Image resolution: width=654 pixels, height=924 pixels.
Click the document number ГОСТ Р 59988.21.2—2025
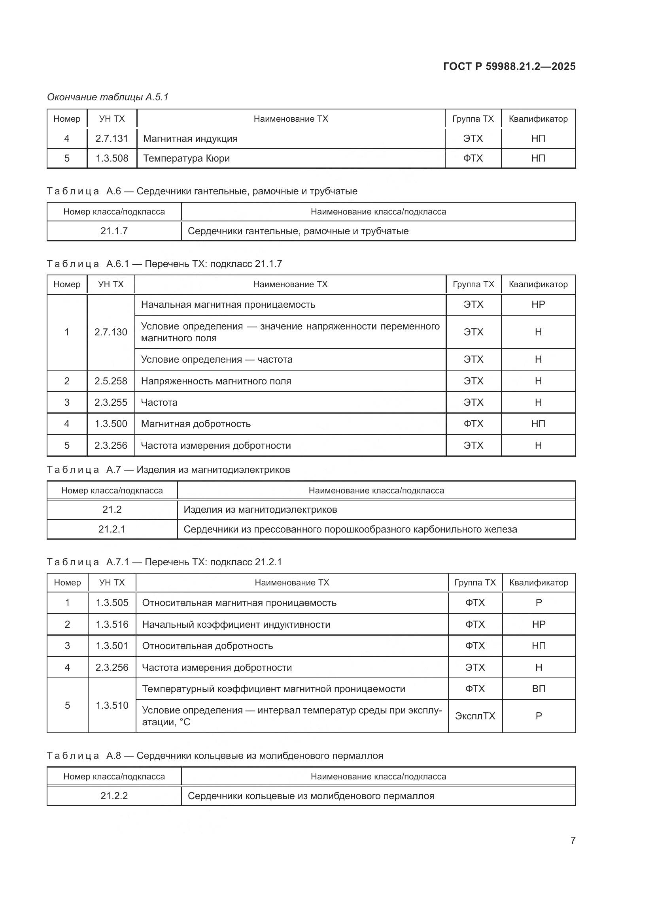point(509,66)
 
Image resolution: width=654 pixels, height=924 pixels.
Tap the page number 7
point(573,840)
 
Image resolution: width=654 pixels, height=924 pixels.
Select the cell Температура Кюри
point(186,158)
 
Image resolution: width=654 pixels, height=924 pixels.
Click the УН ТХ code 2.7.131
point(112,138)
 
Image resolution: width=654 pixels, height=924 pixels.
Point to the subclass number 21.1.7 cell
point(114,231)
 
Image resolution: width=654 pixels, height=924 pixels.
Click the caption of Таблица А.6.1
point(164,263)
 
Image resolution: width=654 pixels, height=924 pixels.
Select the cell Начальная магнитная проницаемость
point(228,304)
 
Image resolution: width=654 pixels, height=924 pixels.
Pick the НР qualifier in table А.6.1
point(538,304)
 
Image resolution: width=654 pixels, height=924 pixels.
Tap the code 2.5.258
point(111,381)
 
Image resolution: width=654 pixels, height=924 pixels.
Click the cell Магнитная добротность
point(196,423)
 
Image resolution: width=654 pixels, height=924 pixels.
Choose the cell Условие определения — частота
point(217,359)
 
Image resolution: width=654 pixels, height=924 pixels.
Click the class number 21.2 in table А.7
point(112,510)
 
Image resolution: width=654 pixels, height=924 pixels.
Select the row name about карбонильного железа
point(350,529)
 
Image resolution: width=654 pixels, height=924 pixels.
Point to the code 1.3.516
point(112,624)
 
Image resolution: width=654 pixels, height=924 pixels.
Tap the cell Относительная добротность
point(208,645)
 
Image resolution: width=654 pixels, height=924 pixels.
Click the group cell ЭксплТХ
point(475,716)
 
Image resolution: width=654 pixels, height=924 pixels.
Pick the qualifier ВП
point(539,689)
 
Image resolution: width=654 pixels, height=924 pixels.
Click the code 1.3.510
point(112,705)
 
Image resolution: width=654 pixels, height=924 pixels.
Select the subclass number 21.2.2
point(114,796)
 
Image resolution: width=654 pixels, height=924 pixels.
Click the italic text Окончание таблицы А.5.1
point(108,97)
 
